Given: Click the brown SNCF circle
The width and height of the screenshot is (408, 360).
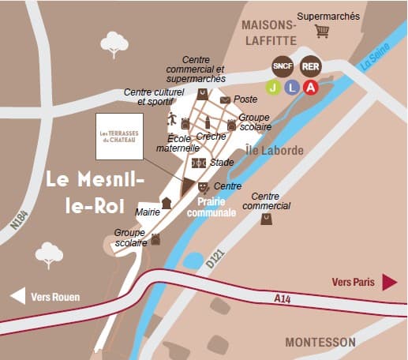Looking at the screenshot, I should coord(282,65).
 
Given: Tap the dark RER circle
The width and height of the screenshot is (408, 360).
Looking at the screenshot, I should coord(310,65).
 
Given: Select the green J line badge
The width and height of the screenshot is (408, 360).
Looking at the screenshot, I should coord(273,87).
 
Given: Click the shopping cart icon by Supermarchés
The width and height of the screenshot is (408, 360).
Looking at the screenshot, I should coord(321,32).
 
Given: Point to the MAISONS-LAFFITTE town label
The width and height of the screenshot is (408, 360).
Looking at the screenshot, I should coord(269,32).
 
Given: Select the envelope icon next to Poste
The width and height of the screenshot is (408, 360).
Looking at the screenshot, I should coord(225,100).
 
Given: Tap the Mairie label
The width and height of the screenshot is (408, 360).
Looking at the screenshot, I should coord(148,212).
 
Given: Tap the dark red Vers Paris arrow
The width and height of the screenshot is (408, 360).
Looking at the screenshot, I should coord(389,282).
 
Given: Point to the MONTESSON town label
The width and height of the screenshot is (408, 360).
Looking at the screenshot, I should coord(320,342).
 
